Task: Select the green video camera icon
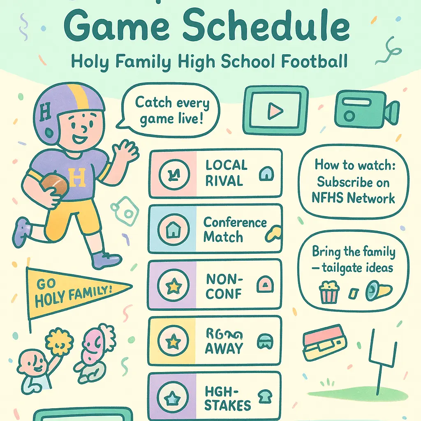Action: pyautogui.click(x=365, y=108)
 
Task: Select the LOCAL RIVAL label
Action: pyautogui.click(x=227, y=173)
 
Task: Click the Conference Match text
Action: pyautogui.click(x=235, y=229)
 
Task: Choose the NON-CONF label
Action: pyautogui.click(x=224, y=286)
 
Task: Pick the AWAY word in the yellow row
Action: pyautogui.click(x=224, y=348)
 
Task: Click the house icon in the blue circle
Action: pyautogui.click(x=173, y=229)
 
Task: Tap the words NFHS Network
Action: pyautogui.click(x=353, y=199)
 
